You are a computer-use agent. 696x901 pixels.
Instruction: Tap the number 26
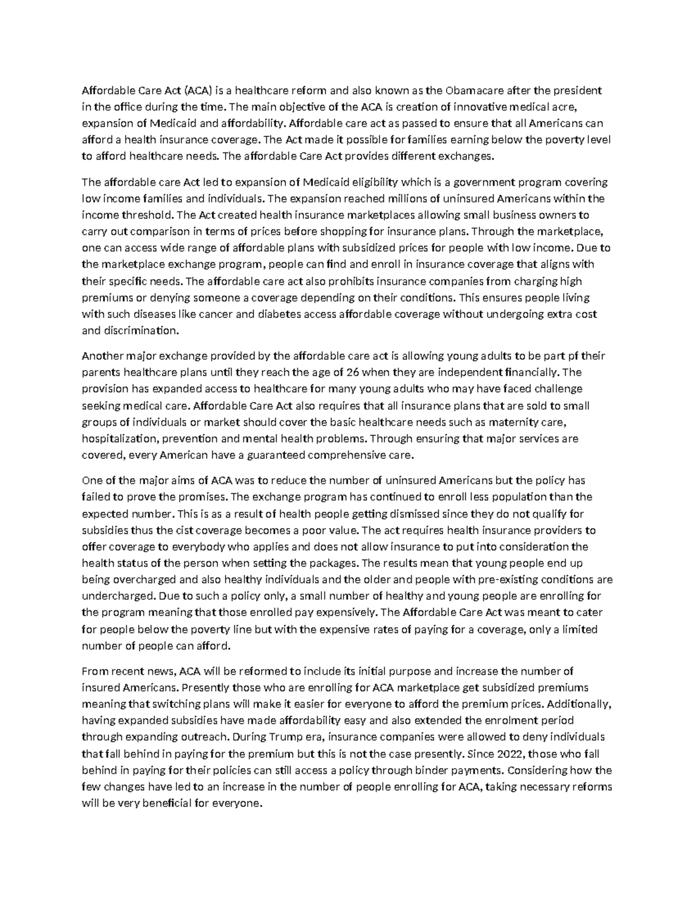click(x=351, y=372)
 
